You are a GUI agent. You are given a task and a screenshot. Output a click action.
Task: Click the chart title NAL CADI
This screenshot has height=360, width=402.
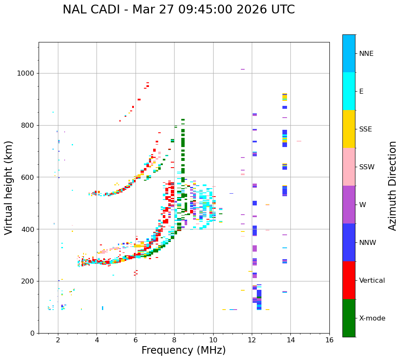tap(178, 10)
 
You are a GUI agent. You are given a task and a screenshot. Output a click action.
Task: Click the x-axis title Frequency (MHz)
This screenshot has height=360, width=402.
tap(183, 350)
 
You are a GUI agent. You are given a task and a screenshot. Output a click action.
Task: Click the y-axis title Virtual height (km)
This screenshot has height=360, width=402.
tap(9, 188)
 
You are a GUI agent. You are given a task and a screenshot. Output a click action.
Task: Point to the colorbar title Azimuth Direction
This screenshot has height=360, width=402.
tap(392, 186)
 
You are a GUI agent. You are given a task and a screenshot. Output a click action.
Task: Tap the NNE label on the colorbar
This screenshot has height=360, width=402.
tap(366, 54)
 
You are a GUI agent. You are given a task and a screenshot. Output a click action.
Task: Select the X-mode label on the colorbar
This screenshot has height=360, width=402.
tap(372, 318)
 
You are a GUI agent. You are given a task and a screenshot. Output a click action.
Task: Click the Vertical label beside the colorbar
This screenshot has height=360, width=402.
tap(372, 281)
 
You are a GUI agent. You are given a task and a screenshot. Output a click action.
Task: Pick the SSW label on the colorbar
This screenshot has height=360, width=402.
tap(367, 167)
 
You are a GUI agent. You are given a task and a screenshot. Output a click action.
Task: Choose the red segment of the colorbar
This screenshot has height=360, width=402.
tap(349, 280)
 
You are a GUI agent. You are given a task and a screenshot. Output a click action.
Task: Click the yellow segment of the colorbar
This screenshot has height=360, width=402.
tap(349, 129)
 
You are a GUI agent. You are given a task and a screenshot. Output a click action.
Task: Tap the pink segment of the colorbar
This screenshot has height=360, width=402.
tap(349, 167)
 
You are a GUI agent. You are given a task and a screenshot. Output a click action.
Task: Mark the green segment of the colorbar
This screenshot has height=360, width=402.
tap(349, 318)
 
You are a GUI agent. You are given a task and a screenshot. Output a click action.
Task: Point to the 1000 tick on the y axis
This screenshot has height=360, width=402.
tap(26, 74)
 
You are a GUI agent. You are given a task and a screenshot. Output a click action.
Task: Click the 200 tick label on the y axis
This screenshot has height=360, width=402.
tap(28, 281)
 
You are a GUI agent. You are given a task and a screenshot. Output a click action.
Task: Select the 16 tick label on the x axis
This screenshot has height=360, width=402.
tap(329, 340)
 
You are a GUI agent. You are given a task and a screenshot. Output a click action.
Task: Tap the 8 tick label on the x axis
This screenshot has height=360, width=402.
tap(174, 340)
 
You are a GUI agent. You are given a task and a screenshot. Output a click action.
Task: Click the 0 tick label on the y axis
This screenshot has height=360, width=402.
tap(32, 333)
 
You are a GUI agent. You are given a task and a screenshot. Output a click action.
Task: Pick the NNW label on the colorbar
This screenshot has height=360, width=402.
tap(368, 243)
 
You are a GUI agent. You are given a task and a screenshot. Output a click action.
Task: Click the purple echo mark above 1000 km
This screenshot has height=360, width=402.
tap(243, 69)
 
